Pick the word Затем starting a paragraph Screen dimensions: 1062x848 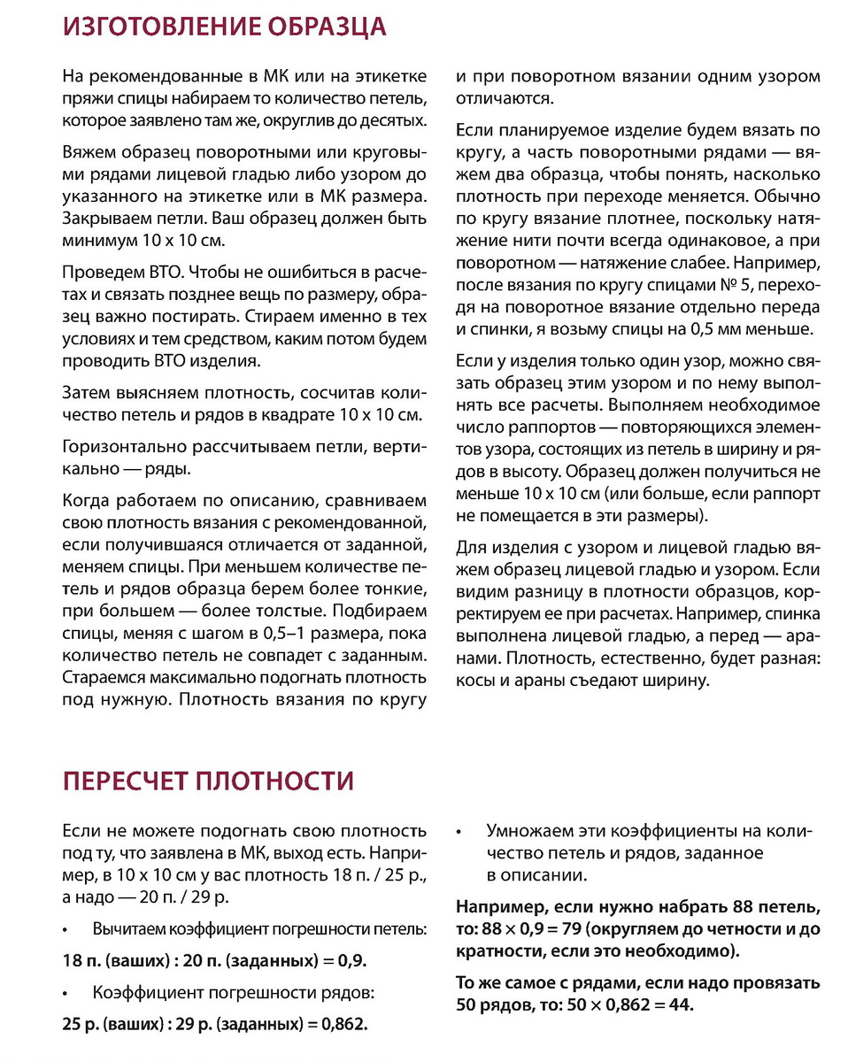click(86, 393)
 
